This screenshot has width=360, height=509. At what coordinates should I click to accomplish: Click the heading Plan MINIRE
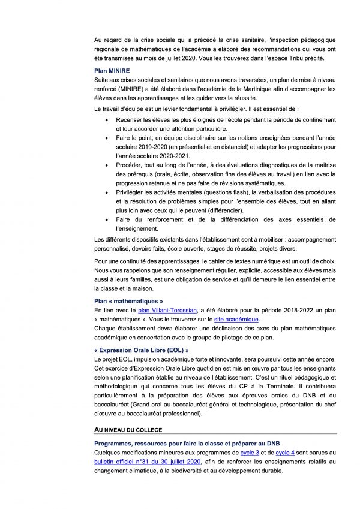pos(113,71)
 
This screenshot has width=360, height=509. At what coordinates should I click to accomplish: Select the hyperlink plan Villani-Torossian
pos(168,309)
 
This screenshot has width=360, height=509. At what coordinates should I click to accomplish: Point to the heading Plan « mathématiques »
pos(129,300)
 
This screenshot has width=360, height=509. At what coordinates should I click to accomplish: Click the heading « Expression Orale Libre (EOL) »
pos(142,350)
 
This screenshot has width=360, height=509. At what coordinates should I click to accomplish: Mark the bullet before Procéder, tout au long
pos(106,164)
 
